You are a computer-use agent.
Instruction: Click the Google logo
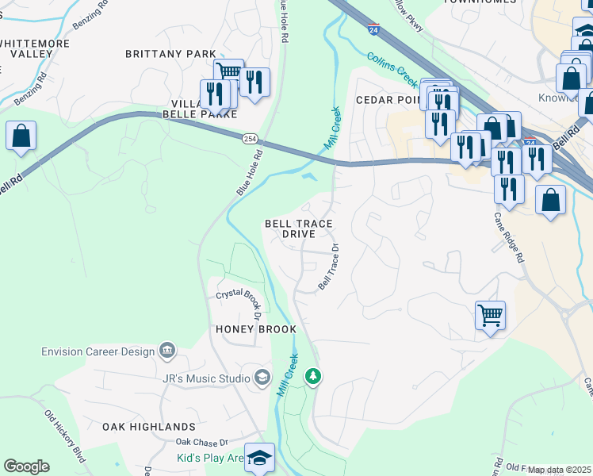26,466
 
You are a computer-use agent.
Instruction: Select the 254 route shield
248,138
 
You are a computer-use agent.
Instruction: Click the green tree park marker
314,375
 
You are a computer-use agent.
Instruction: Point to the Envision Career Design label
99,351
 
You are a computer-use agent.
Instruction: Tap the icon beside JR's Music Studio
262,377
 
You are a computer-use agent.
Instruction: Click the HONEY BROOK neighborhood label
255,329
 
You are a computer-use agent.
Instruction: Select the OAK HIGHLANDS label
149,427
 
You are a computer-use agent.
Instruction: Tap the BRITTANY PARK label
170,54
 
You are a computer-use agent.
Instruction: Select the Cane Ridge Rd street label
509,236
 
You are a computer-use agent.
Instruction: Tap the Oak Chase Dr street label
201,442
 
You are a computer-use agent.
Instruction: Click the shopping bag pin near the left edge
21,136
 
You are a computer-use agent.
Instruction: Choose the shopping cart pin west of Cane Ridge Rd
491,315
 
